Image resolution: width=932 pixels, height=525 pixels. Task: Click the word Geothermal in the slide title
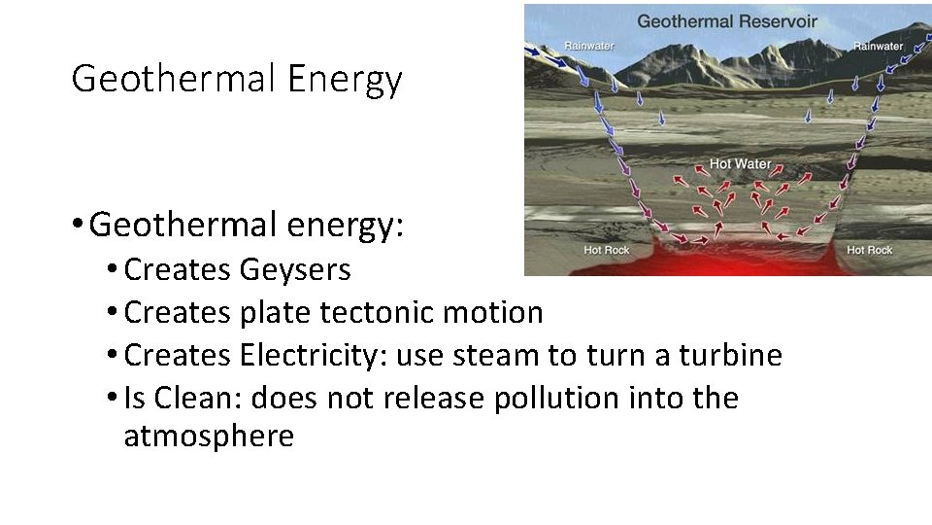pyautogui.click(x=175, y=78)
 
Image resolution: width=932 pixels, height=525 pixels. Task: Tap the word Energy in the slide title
pyautogui.click(x=345, y=80)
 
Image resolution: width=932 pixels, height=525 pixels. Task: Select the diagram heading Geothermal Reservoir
pyautogui.click(x=727, y=20)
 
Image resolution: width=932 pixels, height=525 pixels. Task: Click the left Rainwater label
pyautogui.click(x=588, y=46)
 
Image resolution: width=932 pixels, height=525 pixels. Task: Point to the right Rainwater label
pyautogui.click(x=878, y=46)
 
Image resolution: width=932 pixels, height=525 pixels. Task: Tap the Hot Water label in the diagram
pyautogui.click(x=740, y=163)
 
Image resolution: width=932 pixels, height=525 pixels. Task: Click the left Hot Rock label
pyautogui.click(x=607, y=251)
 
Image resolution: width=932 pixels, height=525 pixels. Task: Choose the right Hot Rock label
pyautogui.click(x=869, y=251)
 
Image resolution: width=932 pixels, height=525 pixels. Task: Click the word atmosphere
pyautogui.click(x=209, y=437)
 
